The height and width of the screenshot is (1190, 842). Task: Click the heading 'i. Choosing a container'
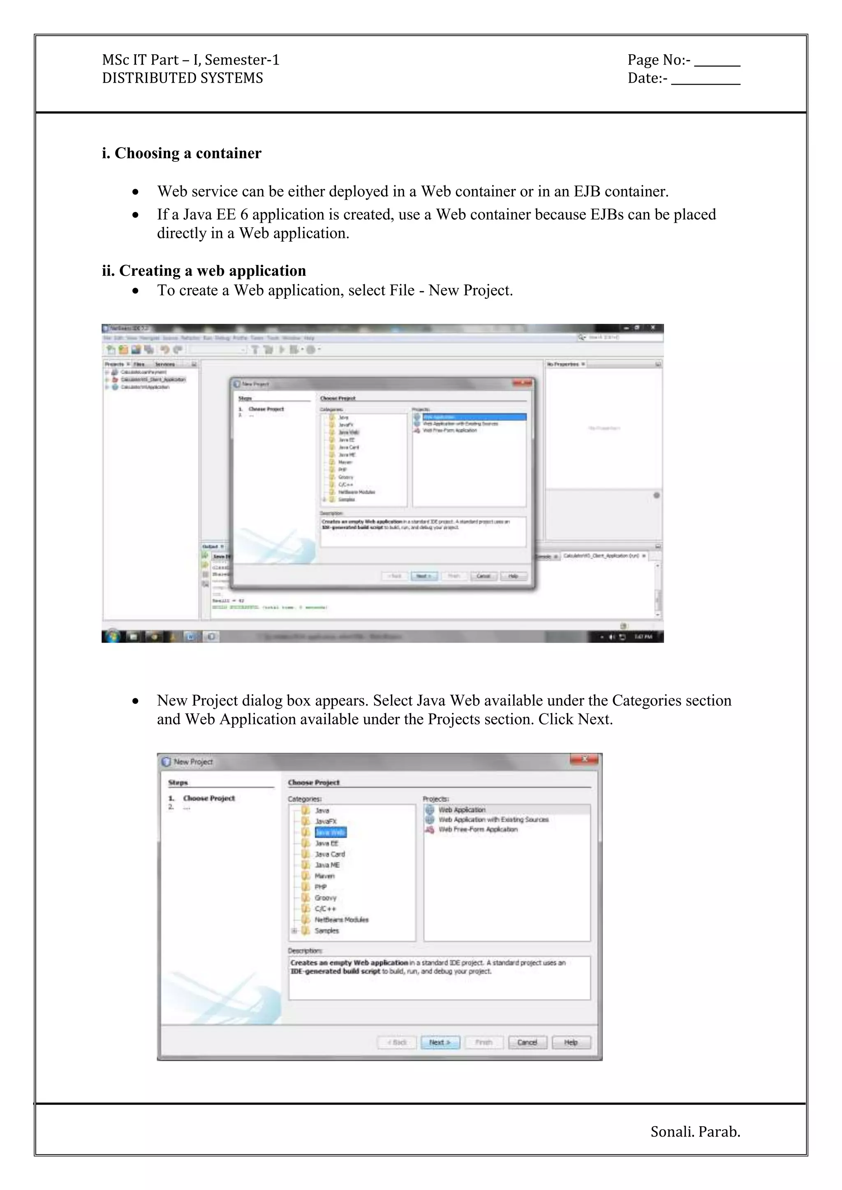click(x=181, y=153)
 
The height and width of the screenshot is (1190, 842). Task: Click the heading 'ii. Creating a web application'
click(x=204, y=271)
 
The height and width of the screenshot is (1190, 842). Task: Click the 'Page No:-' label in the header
click(x=659, y=60)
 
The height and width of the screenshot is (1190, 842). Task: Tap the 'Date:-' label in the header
click(x=647, y=78)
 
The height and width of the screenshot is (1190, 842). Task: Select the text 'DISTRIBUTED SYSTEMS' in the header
click(x=183, y=78)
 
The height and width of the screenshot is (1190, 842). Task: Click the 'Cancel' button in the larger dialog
click(x=527, y=1042)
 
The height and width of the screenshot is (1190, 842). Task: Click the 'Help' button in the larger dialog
click(x=571, y=1042)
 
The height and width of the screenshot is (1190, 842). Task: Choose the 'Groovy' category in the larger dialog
click(x=326, y=898)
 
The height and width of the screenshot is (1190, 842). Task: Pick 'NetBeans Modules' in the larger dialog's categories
click(x=341, y=920)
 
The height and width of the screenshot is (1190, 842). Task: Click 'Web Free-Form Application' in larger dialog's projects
click(x=477, y=829)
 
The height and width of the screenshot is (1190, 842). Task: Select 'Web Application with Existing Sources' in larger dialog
click(x=493, y=819)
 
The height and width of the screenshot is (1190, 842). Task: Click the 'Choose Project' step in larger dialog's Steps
click(x=209, y=798)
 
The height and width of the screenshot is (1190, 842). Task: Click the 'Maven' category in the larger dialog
click(x=324, y=876)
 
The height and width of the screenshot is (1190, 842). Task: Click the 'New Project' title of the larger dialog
click(x=193, y=762)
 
